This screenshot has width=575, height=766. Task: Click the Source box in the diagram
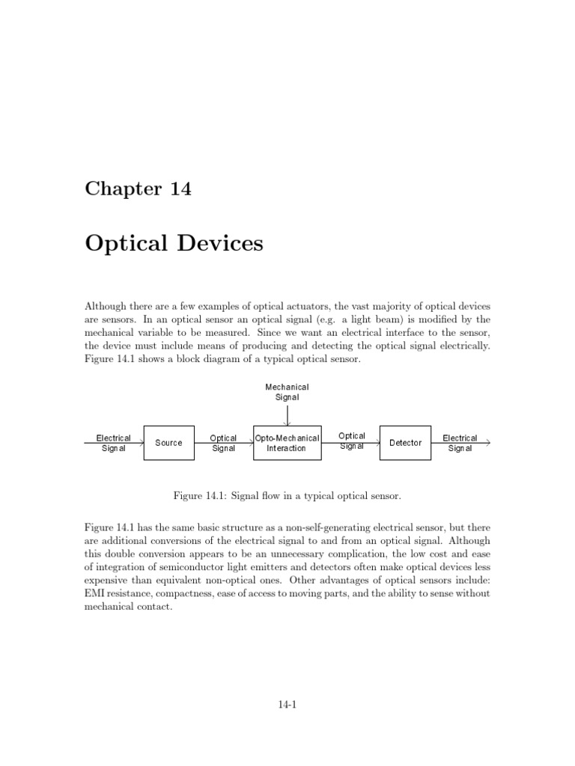tap(168, 443)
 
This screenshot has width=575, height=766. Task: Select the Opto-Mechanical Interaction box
tap(287, 443)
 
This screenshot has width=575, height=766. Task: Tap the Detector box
tap(405, 443)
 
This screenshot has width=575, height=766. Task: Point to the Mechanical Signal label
tap(287, 392)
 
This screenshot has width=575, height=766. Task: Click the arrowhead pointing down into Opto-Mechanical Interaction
tap(287, 423)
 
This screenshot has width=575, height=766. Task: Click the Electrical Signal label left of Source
tap(114, 443)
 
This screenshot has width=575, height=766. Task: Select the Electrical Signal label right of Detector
tap(460, 443)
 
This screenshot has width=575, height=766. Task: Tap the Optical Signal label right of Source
tap(223, 443)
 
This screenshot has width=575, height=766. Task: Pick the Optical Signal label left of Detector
tap(352, 441)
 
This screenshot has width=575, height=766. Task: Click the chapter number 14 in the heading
tap(180, 189)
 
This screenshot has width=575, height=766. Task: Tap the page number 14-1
tap(287, 703)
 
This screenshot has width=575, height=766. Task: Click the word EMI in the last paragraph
tap(96, 593)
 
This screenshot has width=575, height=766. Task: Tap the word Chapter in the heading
tap(122, 189)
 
